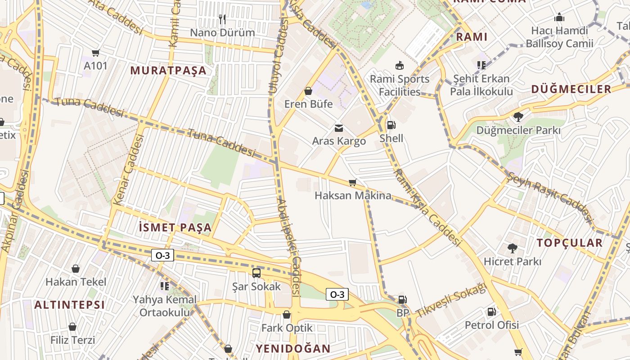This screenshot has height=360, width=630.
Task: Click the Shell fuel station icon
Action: (x=391, y=125)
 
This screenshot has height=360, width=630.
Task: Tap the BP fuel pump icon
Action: (x=402, y=299)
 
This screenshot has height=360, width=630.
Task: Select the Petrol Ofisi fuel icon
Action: (x=491, y=311)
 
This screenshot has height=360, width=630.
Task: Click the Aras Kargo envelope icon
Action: (x=338, y=128)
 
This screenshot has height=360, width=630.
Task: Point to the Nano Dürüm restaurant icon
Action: (x=222, y=19)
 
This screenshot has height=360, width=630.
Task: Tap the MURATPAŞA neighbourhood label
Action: (x=168, y=71)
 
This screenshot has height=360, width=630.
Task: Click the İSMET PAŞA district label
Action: (x=175, y=228)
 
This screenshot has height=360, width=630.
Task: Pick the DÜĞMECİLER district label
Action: (x=571, y=89)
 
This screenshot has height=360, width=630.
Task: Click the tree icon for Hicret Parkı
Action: (x=512, y=248)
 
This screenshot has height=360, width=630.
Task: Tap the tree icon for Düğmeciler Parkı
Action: (x=518, y=117)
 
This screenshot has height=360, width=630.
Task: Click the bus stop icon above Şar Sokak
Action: (x=256, y=273)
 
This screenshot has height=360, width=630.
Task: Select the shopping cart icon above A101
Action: (x=95, y=53)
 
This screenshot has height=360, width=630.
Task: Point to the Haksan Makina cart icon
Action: (x=353, y=182)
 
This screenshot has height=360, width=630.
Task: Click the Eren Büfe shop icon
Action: (x=308, y=91)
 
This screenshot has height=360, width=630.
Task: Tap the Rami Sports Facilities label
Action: (x=400, y=85)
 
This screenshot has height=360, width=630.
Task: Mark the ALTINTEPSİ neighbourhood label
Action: (x=69, y=305)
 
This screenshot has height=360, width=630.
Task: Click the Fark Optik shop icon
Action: (x=287, y=315)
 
